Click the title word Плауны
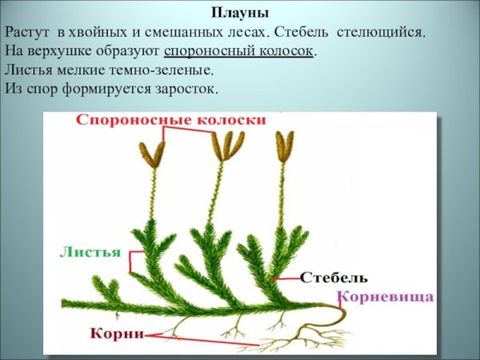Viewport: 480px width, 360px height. pyautogui.click(x=240, y=14)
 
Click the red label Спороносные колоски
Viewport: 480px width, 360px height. pyautogui.click(x=171, y=120)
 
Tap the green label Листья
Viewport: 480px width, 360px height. pyautogui.click(x=90, y=251)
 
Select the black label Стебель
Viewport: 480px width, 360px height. pyautogui.click(x=334, y=278)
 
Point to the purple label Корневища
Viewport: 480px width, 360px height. pyautogui.click(x=387, y=296)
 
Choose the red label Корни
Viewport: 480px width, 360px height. pyautogui.click(x=117, y=332)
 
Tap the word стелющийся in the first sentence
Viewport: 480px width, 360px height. pyautogui.click(x=382, y=34)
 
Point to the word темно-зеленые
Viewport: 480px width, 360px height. pyautogui.click(x=167, y=70)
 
